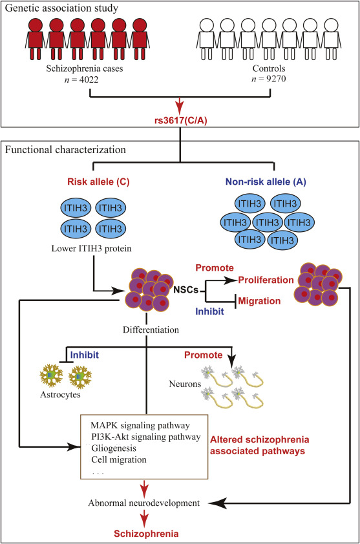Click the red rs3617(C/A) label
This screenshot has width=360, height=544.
click(181, 121)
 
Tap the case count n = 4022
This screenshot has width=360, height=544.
click(81, 79)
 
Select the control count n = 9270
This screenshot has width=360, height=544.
click(269, 79)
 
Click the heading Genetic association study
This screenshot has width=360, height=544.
click(61, 8)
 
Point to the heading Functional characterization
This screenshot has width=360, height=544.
click(65, 149)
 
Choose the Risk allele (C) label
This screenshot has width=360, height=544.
click(98, 182)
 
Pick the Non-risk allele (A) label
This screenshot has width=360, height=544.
click(266, 182)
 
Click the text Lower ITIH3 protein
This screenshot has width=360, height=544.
click(91, 248)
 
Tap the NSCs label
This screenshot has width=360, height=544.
click(185, 289)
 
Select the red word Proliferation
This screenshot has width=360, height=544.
click(266, 280)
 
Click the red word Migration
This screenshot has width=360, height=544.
click(259, 301)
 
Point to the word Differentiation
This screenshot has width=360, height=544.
click(151, 330)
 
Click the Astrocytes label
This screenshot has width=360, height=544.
click(60, 395)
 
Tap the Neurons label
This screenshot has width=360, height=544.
click(185, 384)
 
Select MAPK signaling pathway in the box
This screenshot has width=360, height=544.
click(140, 425)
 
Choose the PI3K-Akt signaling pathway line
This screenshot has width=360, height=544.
click(146, 437)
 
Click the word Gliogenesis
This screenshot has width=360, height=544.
click(114, 448)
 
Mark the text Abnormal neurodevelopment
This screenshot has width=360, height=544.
click(143, 503)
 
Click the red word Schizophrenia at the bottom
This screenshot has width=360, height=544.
click(146, 534)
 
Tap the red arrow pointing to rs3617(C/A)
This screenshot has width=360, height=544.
click(180, 106)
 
